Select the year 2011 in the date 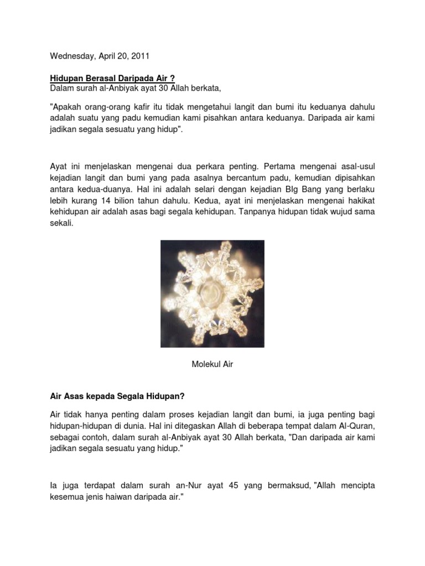(139, 56)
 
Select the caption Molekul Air (212, 364)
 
